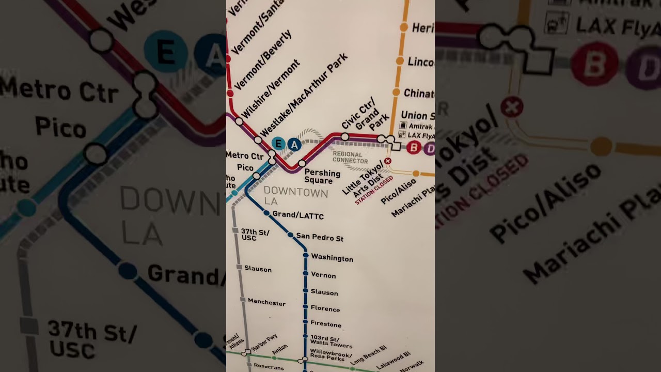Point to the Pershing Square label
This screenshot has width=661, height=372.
click(x=322, y=177)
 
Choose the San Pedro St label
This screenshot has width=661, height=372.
click(x=320, y=238)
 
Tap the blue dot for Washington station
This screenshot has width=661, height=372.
click(x=306, y=255)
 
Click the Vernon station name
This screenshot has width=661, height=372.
click(x=323, y=275)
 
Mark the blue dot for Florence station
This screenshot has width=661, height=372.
click(x=305, y=308)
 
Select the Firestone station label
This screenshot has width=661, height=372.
click(x=326, y=324)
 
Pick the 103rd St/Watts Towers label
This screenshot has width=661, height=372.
click(x=330, y=342)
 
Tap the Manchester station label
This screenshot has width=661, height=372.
click(x=266, y=302)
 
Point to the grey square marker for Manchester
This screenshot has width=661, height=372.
click(x=242, y=300)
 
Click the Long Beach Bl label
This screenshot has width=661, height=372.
click(x=369, y=356)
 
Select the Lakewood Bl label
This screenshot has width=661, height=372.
click(x=394, y=361)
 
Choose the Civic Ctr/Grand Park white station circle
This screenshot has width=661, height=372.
click(x=345, y=137)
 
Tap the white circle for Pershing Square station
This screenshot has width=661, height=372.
click(x=302, y=164)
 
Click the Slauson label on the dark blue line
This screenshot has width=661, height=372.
click(x=324, y=292)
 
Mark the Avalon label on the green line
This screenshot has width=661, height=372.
click(x=279, y=350)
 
